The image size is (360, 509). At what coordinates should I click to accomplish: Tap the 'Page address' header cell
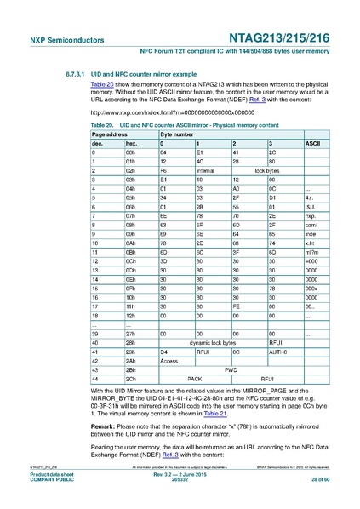coord(110,134)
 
